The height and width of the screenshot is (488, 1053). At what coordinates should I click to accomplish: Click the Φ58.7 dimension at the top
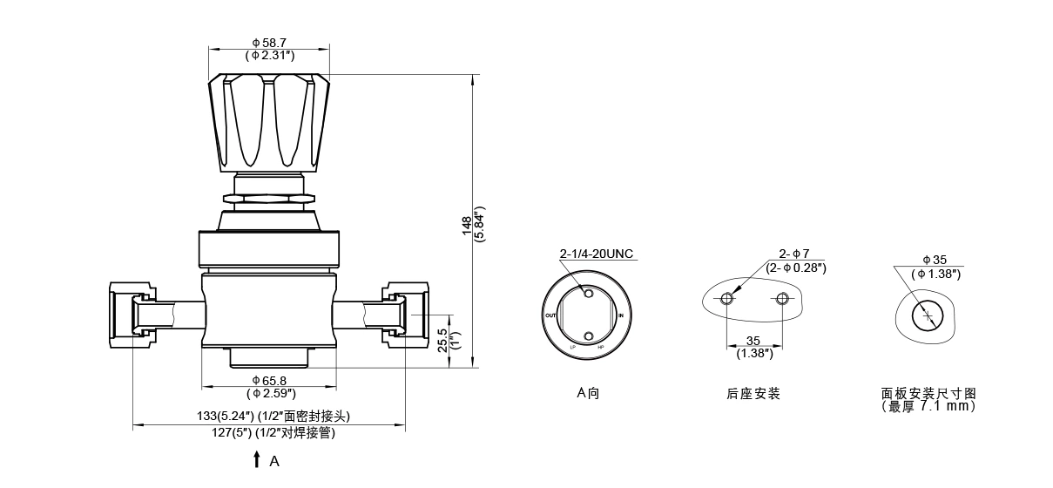pyautogui.click(x=269, y=42)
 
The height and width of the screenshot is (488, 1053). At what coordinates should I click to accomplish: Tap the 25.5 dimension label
pyautogui.click(x=442, y=338)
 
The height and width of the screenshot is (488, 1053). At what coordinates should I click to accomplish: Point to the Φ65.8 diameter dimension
pyautogui.click(x=269, y=381)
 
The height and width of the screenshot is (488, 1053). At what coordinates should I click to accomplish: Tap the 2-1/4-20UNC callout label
pyautogui.click(x=597, y=254)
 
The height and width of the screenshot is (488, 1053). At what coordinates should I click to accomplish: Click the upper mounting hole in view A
pyautogui.click(x=588, y=294)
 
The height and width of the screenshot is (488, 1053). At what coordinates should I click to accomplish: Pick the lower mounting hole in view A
pyautogui.click(x=588, y=336)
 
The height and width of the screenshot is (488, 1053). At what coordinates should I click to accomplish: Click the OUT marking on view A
pyautogui.click(x=550, y=315)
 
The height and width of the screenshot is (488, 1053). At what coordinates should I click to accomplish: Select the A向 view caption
pyautogui.click(x=588, y=393)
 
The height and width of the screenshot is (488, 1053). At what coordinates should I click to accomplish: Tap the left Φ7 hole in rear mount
pyautogui.click(x=726, y=299)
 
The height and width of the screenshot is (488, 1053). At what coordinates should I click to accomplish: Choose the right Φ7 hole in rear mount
pyautogui.click(x=782, y=299)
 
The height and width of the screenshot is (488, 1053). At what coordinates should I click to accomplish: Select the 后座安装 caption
pyautogui.click(x=753, y=394)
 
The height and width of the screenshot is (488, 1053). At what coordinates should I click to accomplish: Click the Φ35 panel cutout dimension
pyautogui.click(x=934, y=260)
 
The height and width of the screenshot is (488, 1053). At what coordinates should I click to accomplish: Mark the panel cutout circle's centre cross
pyautogui.click(x=928, y=315)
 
